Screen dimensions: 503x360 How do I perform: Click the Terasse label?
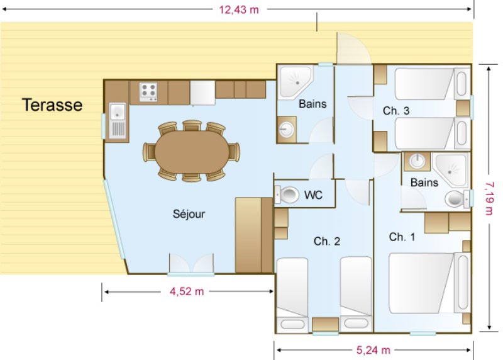point(52,105)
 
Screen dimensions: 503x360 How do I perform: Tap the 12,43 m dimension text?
point(239,9)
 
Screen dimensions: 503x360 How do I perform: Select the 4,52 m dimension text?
point(187,291)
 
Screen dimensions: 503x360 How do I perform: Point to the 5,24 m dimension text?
point(373,350)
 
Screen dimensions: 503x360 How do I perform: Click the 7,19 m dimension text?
point(490,198)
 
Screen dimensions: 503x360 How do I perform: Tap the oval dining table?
point(192,152)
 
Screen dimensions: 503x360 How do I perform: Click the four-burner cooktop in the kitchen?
point(148,92)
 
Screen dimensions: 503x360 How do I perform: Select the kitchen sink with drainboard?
point(118,121)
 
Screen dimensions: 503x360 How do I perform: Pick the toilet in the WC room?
point(287,194)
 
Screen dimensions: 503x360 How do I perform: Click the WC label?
point(313,195)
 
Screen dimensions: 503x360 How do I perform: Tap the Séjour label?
point(189,214)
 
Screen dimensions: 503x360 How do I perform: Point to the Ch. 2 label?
point(326,241)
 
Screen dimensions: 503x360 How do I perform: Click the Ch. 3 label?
point(396,111)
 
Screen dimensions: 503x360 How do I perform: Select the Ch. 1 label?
point(402,237)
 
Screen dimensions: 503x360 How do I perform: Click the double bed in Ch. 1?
point(429,283)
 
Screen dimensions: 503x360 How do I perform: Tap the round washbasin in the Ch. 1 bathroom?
point(417,161)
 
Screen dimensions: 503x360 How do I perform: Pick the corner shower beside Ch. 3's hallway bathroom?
point(295,82)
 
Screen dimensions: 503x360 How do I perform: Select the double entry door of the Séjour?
point(191,264)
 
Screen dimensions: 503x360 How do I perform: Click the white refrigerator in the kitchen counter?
point(202,93)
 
